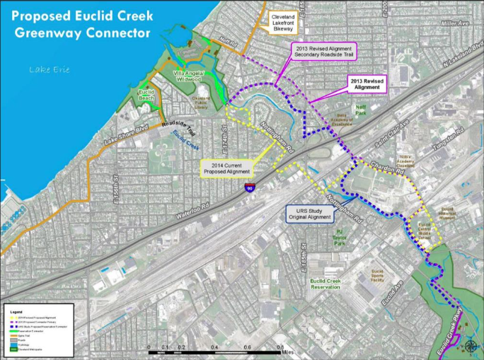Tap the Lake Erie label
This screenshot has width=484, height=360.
pyautogui.click(x=48, y=69)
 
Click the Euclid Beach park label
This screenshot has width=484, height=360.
pyautogui.click(x=147, y=95)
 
